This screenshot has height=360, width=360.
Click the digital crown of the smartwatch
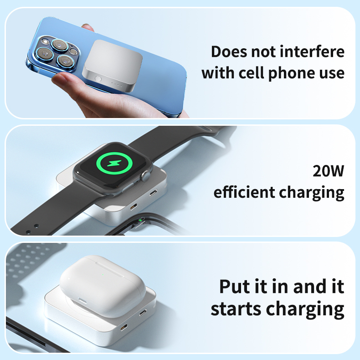click(146, 175)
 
